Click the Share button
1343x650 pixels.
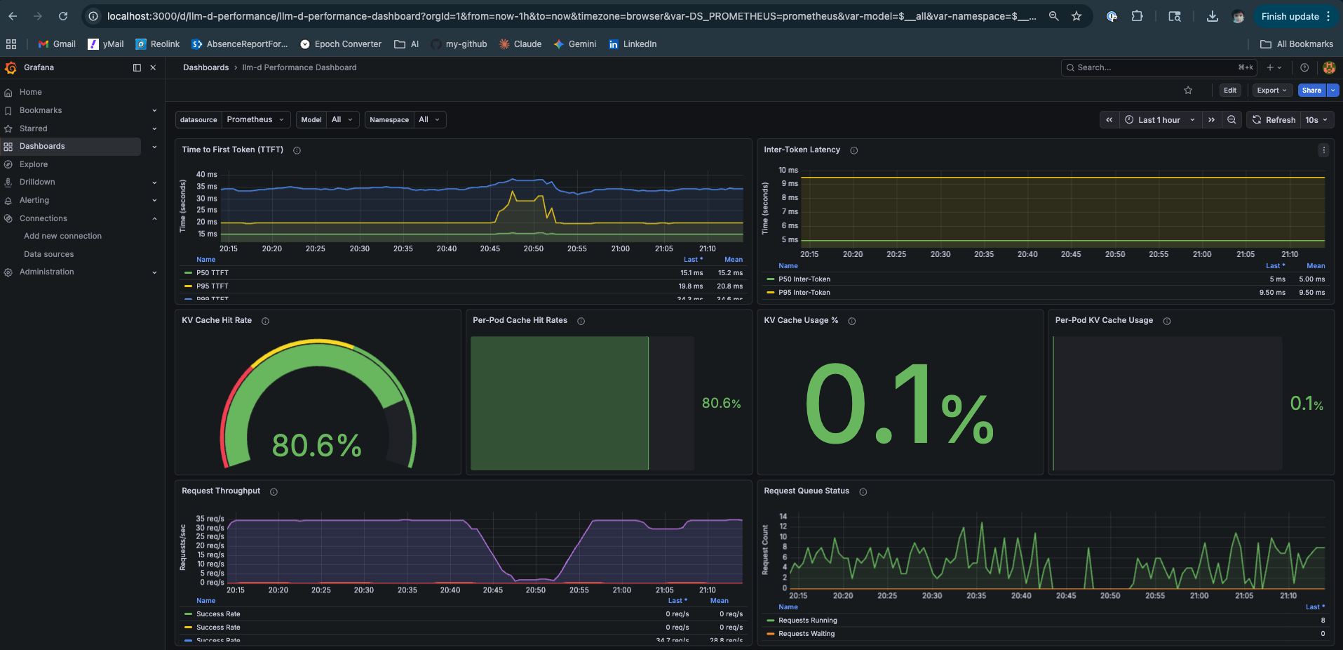coord(1311,90)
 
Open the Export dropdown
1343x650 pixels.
coord(1271,90)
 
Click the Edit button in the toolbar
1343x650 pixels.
coord(1229,90)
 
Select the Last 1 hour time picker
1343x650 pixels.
coord(1159,120)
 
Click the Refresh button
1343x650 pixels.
coord(1274,120)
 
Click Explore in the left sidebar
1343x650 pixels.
coord(34,164)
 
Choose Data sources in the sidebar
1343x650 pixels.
coord(48,254)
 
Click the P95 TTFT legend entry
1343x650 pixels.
coord(212,286)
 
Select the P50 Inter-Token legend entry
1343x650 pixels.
coord(804,279)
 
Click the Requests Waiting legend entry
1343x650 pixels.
coord(807,634)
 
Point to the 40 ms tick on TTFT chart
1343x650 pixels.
coord(206,174)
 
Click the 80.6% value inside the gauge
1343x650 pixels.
coord(316,446)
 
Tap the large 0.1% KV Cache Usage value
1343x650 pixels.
coord(899,405)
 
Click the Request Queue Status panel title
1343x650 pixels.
coord(806,491)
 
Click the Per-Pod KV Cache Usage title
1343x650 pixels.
coord(1103,320)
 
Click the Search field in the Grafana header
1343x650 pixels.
coord(1150,67)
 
